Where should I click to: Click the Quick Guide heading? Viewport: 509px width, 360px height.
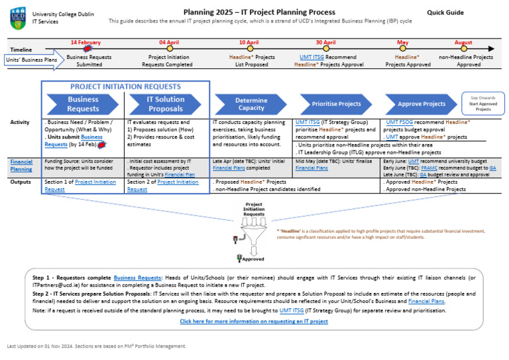(445, 13)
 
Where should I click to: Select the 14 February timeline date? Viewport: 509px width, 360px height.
(85, 42)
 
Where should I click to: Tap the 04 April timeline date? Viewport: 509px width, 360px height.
(170, 42)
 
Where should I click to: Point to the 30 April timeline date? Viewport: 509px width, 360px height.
(325, 42)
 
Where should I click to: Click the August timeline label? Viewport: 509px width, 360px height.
(463, 42)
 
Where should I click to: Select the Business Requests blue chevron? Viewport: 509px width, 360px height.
(83, 104)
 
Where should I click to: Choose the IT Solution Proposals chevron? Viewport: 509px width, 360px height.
(165, 104)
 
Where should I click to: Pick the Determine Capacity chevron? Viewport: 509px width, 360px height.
(251, 104)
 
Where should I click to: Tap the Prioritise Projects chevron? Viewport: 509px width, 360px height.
(335, 104)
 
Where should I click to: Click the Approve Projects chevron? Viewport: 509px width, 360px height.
(421, 104)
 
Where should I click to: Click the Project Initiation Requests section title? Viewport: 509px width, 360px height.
(125, 86)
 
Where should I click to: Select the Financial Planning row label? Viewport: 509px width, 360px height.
(21, 164)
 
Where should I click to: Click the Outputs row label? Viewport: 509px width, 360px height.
(21, 181)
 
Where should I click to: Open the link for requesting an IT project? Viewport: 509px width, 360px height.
(254, 321)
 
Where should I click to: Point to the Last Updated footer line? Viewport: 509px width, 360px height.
(96, 345)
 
